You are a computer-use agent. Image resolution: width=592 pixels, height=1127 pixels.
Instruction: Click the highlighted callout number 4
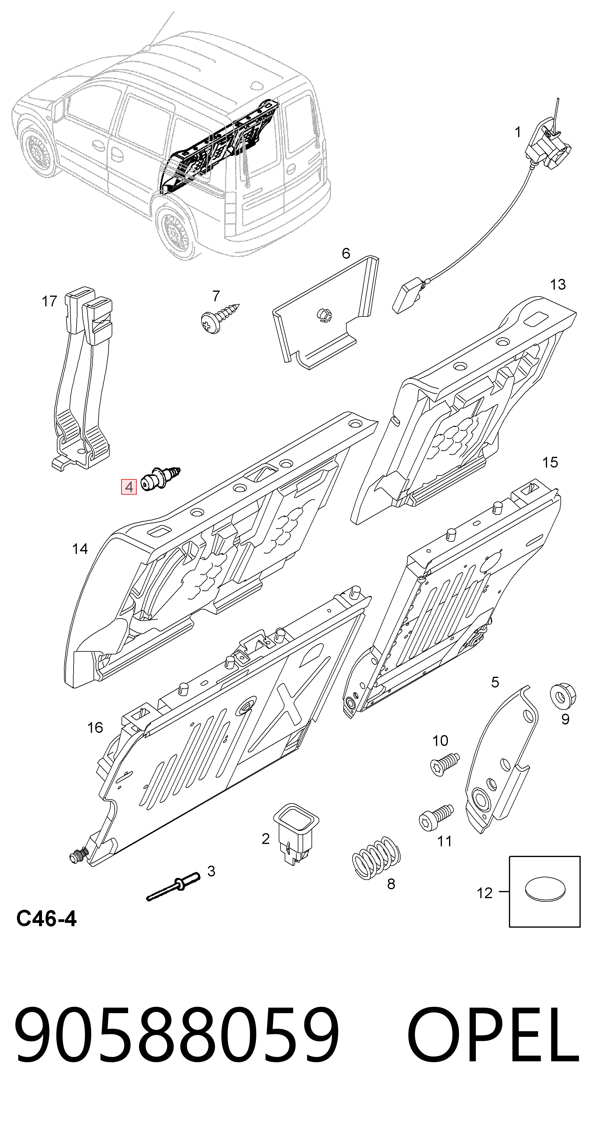(129, 487)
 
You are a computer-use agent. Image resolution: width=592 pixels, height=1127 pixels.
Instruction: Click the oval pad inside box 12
(544, 889)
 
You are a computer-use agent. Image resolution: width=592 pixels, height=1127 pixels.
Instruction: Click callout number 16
(95, 728)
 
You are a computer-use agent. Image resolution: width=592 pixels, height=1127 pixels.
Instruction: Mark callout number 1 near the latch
(518, 132)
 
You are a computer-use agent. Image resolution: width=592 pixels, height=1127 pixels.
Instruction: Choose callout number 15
(550, 462)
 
